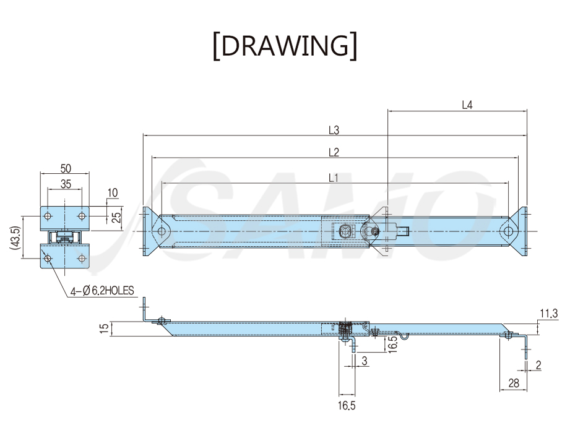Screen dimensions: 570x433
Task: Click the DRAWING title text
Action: [285, 46]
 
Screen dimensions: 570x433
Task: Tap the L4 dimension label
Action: [467, 105]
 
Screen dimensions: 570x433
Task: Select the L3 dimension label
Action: [334, 130]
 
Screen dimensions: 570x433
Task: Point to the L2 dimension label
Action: [334, 153]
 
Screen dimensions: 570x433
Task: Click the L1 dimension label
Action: [334, 178]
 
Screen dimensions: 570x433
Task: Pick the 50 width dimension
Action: [66, 168]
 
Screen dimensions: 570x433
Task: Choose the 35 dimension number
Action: [66, 184]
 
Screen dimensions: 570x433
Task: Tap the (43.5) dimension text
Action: [14, 238]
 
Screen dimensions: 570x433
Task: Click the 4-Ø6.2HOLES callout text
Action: [102, 291]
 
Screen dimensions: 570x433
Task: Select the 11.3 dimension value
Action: [548, 313]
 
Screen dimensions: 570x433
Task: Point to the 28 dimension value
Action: [514, 384]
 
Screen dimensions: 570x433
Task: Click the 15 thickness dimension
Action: [105, 328]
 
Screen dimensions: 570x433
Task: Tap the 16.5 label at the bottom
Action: [347, 406]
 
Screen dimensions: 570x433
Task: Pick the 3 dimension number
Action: [365, 361]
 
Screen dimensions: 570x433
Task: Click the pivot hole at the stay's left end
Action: [162, 231]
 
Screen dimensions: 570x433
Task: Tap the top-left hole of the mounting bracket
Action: [47, 216]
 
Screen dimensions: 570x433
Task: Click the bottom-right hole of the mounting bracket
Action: [82, 259]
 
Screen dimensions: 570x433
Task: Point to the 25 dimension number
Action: [116, 217]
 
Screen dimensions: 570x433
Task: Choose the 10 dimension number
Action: [113, 193]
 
